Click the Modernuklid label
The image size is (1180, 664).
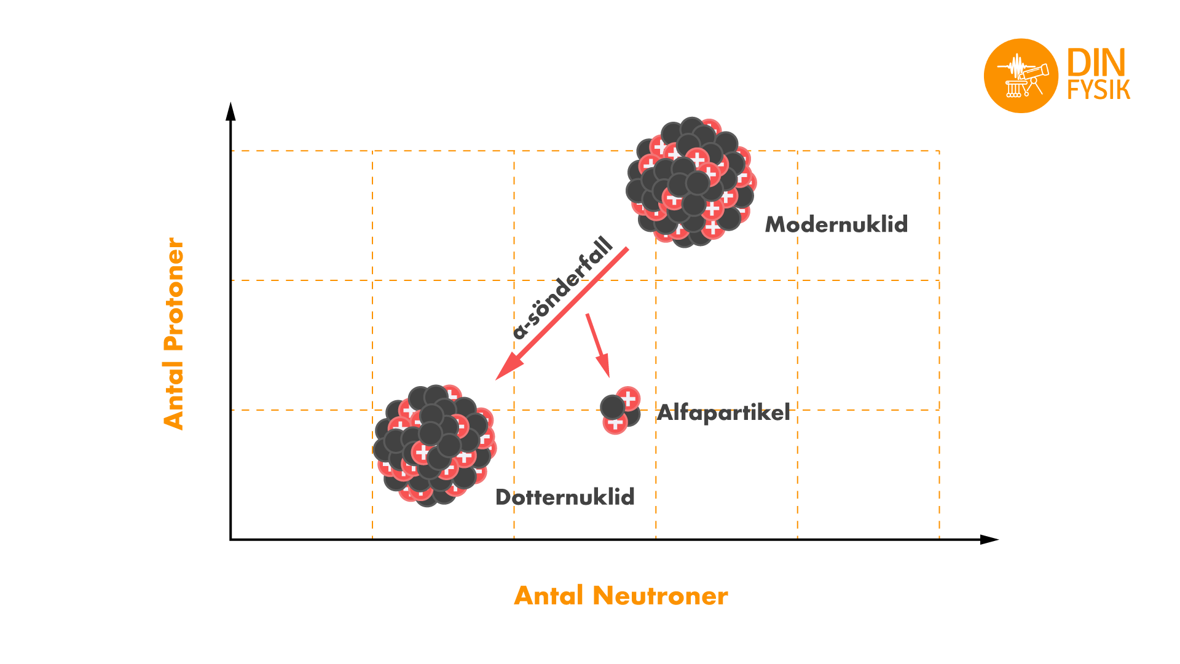click(x=836, y=224)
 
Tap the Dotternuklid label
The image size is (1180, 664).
click(x=565, y=497)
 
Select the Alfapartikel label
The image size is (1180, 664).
click(x=723, y=413)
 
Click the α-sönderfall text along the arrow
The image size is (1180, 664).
click(x=563, y=288)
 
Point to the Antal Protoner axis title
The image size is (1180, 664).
click(x=174, y=333)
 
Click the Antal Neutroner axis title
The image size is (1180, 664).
click(x=621, y=596)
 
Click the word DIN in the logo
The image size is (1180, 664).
click(x=1096, y=63)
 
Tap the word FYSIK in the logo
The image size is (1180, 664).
click(x=1098, y=90)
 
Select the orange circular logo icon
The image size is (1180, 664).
click(x=1021, y=76)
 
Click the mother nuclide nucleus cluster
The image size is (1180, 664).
click(x=691, y=182)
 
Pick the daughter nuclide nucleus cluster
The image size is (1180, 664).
click(x=435, y=446)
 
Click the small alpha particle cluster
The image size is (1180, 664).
click(x=620, y=411)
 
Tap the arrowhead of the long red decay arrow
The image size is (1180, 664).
click(x=507, y=368)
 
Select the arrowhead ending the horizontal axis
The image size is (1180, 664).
click(x=989, y=540)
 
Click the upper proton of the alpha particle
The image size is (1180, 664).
click(x=629, y=398)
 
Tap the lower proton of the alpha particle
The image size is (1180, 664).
click(x=615, y=422)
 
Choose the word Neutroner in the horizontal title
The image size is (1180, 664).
click(x=661, y=596)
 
